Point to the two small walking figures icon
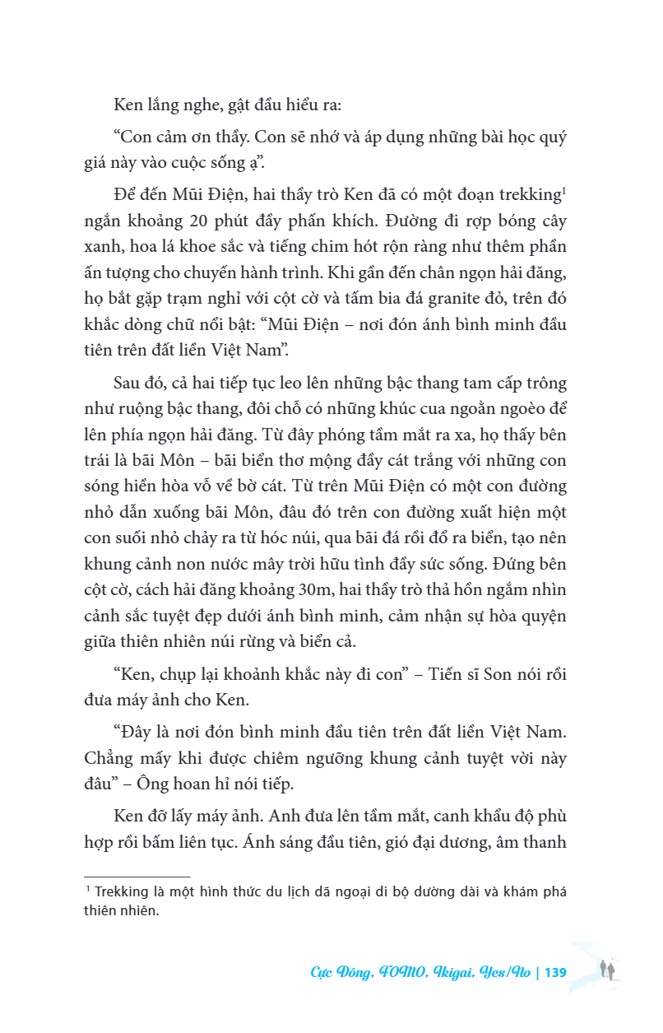point(607,969)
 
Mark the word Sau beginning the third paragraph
point(130,384)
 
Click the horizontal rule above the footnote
point(137,877)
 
